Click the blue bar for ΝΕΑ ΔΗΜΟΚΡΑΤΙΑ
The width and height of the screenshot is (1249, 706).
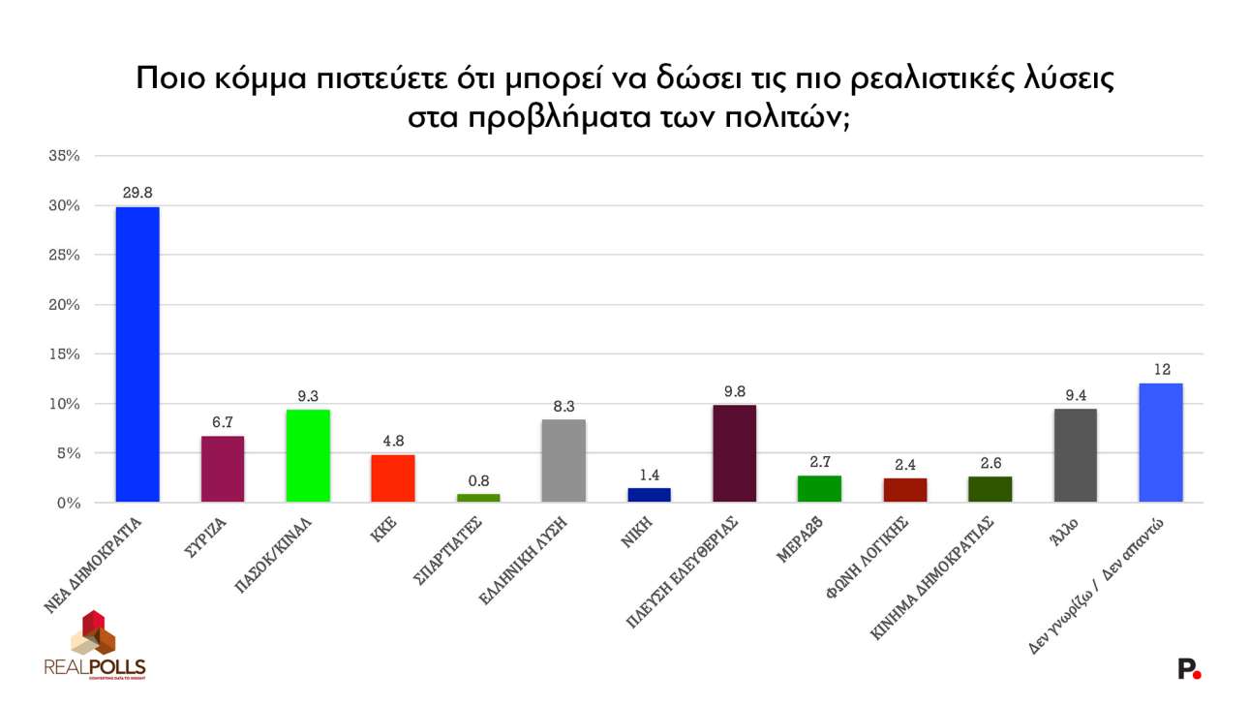coord(137,354)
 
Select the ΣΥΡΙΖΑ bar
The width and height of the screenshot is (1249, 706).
coord(223,470)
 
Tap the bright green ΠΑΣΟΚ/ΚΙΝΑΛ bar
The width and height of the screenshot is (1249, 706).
coord(308,456)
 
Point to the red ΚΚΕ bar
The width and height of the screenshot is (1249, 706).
coord(393,478)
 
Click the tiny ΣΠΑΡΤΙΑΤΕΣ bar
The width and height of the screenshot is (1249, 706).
coord(478,498)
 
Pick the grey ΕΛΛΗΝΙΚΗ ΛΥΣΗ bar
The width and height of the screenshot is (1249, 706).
coord(564,461)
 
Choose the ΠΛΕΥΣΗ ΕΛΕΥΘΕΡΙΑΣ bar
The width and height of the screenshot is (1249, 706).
coord(734,453)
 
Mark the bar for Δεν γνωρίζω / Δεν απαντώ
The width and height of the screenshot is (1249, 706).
coord(1160,443)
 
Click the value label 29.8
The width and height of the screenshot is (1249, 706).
coord(137,193)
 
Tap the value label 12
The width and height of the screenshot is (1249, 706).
coord(1160,369)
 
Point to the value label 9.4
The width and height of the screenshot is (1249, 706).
coord(1075,394)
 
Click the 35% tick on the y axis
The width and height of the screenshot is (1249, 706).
coord(64,156)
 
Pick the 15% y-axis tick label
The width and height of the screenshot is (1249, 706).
coord(64,354)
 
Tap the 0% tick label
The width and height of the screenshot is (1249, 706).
coord(68,503)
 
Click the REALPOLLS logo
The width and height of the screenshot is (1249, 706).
coord(94,645)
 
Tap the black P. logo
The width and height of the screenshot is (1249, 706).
coord(1188,668)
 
